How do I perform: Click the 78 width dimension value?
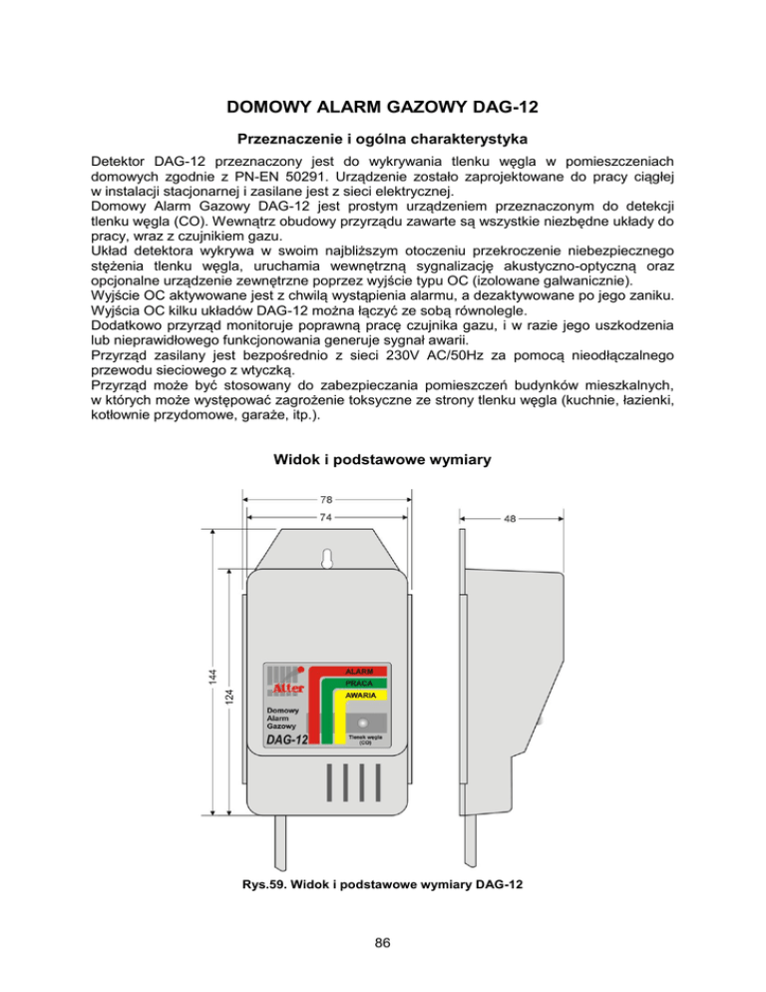(326, 499)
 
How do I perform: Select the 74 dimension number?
(326, 518)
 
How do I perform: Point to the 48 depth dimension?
(509, 518)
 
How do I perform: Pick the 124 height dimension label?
(230, 692)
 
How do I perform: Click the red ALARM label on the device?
(359, 671)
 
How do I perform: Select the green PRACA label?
(359, 683)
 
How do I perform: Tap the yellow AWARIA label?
(359, 695)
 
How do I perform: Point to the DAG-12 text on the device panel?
(287, 740)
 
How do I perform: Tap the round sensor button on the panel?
(363, 721)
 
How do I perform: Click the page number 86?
(383, 942)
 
